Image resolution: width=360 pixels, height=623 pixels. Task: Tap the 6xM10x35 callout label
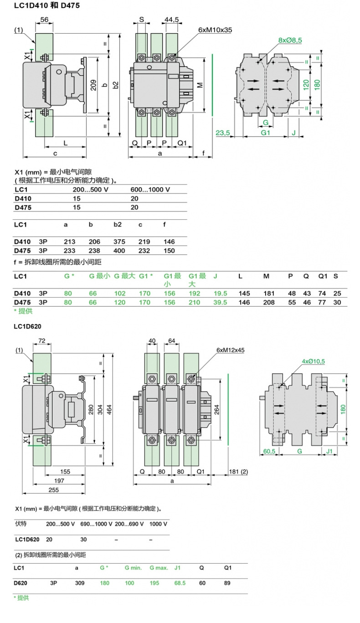[215, 29]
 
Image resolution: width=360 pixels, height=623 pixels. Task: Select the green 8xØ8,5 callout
[290, 40]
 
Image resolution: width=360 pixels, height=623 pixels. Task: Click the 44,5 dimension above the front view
[171, 20]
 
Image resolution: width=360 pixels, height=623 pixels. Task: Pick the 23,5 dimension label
[222, 133]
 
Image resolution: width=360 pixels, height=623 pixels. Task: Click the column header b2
[118, 225]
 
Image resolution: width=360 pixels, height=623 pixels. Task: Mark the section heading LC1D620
[28, 326]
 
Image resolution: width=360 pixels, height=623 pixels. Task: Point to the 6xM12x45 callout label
[230, 350]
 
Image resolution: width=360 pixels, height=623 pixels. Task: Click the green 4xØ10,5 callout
[314, 361]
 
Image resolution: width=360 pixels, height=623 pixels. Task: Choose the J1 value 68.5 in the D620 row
[180, 583]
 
